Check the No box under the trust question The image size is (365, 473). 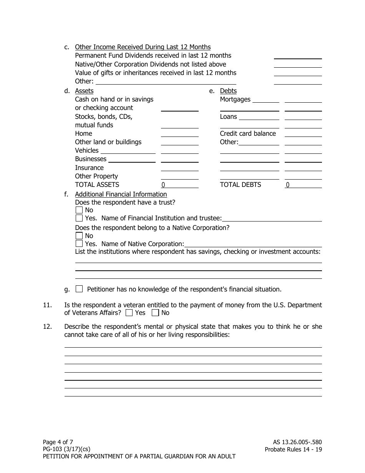coord(79,210)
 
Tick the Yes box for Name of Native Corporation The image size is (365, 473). coord(79,244)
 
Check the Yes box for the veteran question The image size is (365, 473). coord(129,313)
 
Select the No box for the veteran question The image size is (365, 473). coord(155,313)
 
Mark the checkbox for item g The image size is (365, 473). coord(79,289)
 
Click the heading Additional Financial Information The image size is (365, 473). coord(121,194)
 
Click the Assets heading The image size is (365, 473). coord(84,91)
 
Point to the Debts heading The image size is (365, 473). coord(228,91)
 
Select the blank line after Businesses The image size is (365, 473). coord(132,159)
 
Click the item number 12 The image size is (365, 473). coord(47,326)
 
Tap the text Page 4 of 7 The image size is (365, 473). coord(58,442)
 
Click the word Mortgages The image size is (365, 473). coord(235,99)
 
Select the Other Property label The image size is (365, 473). coord(96,176)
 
